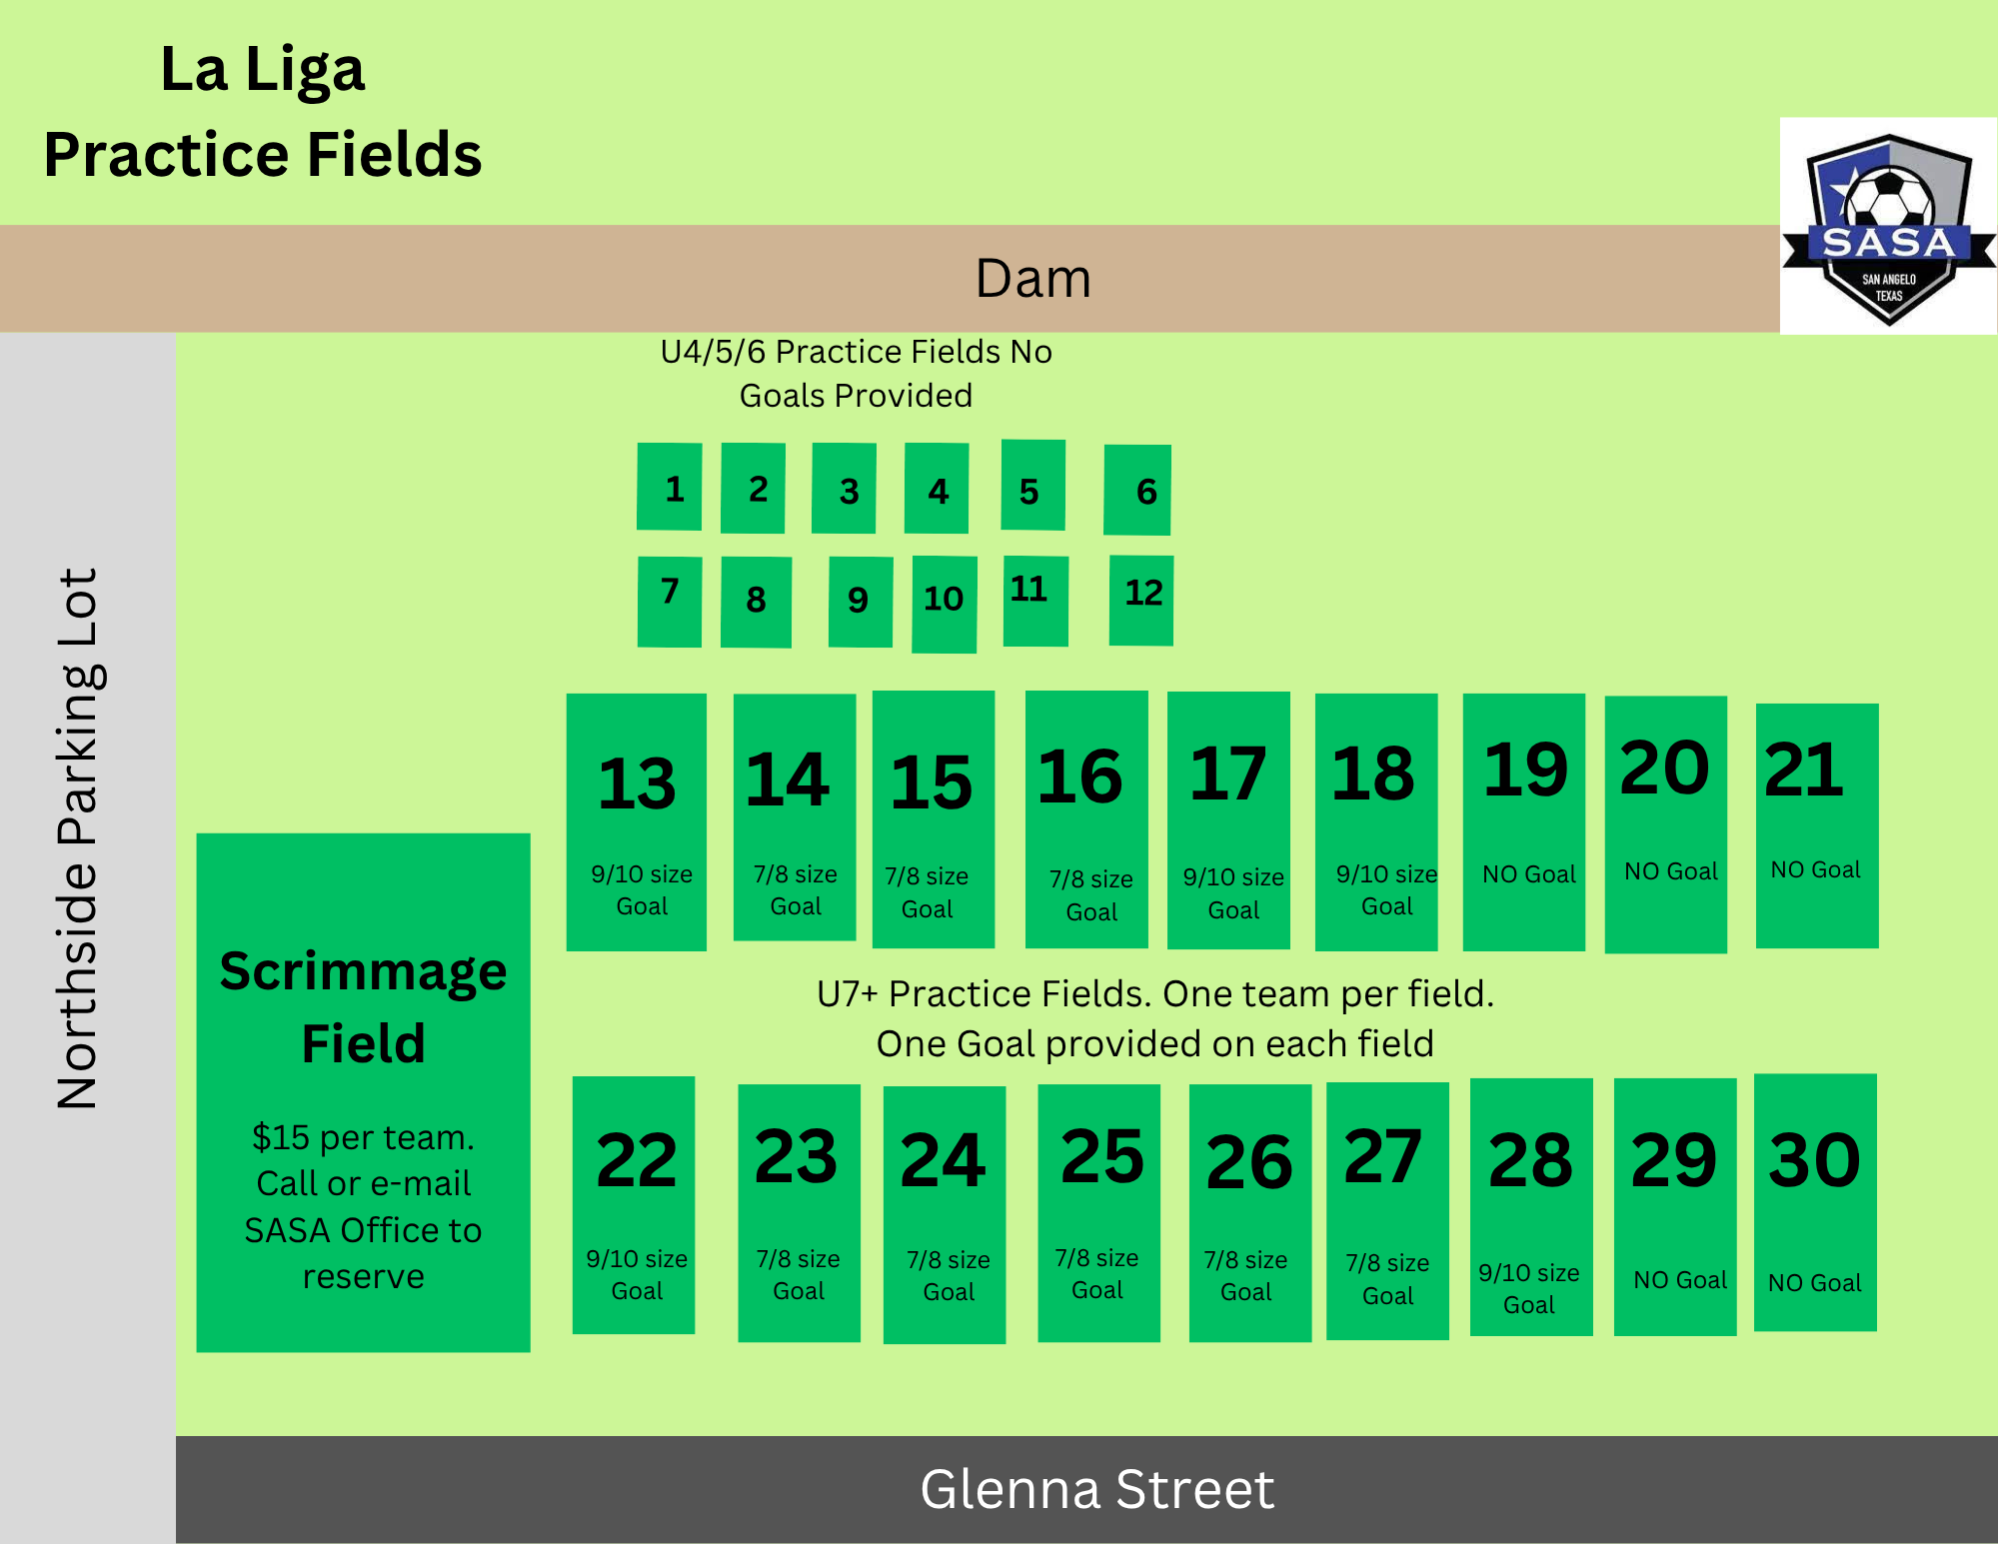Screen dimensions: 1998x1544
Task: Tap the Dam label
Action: pos(1032,278)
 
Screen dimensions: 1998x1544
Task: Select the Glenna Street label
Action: pos(1096,1489)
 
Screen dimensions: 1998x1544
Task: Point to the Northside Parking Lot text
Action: pos(78,838)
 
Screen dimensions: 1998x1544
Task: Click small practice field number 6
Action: pos(1137,490)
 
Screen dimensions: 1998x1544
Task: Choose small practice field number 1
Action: pos(670,487)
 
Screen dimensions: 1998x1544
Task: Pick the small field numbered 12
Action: pos(1141,600)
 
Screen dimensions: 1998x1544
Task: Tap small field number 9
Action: pos(861,602)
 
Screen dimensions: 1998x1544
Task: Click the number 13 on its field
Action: pos(637,783)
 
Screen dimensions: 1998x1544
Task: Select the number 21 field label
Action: pos(1804,770)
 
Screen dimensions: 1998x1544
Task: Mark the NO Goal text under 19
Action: pos(1529,874)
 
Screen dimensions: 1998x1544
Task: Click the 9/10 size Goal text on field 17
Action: pos(1233,893)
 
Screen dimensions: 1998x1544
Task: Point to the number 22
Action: pos(637,1160)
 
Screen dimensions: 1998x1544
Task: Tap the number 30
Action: pos(1814,1160)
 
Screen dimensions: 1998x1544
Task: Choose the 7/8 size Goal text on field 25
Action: pos(1097,1274)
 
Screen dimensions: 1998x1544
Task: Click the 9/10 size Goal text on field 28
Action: pos(1529,1288)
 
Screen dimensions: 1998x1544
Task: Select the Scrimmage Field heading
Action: pos(364,1007)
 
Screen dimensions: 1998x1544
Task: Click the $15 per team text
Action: pos(364,1137)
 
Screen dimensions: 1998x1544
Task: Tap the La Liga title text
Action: pos(263,70)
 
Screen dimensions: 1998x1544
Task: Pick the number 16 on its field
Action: pos(1080,776)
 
